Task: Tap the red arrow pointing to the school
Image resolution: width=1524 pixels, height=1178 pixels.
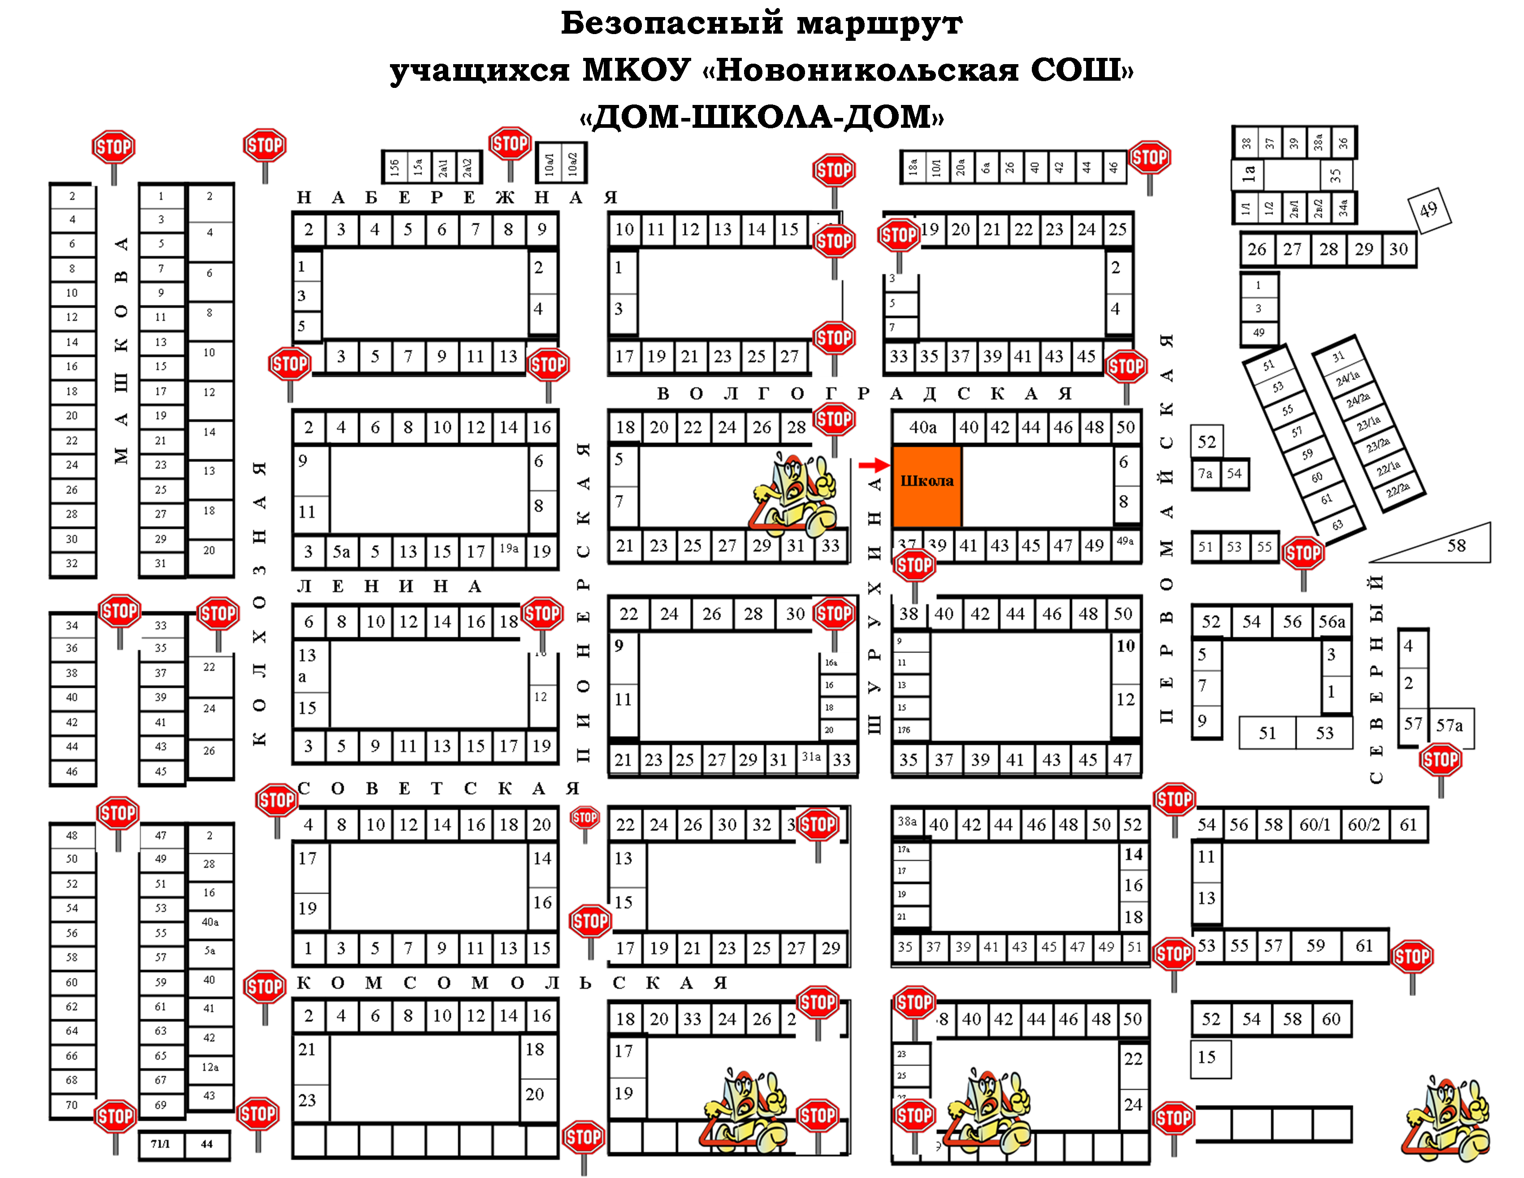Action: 873,465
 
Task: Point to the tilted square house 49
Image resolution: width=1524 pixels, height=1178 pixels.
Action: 1429,209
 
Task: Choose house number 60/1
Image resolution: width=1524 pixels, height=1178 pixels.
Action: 1315,825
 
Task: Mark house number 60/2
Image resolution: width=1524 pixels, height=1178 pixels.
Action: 1364,825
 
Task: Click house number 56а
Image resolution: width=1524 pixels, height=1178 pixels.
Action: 1331,622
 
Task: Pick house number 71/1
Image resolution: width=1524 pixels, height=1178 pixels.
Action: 160,1144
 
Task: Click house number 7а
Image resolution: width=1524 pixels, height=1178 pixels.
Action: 1205,474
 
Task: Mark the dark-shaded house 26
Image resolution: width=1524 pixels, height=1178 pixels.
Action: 692,825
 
